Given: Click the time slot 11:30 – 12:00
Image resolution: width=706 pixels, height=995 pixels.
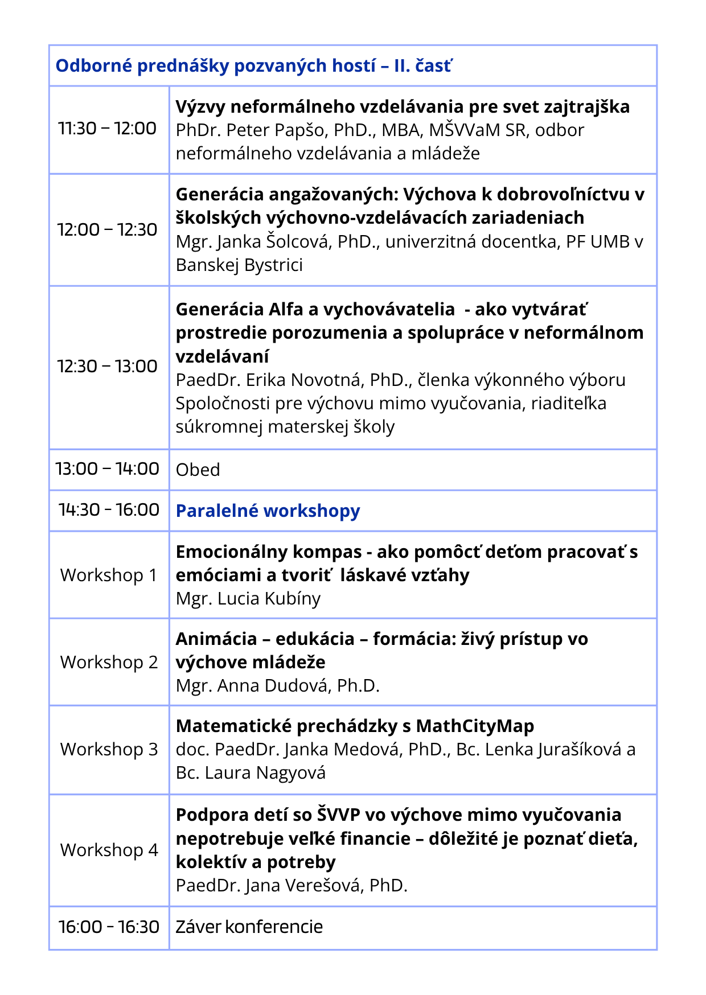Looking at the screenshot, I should [x=107, y=129].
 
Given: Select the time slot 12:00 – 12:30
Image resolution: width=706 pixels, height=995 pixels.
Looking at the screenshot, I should [x=107, y=230].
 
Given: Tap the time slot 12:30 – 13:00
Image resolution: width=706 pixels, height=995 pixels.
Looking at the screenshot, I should [x=107, y=367].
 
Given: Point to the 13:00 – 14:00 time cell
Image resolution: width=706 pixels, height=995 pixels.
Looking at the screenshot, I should [x=107, y=469].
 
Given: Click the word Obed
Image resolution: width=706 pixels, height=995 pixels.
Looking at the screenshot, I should [x=198, y=470].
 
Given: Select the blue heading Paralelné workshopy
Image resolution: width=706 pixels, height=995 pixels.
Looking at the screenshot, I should [x=268, y=511].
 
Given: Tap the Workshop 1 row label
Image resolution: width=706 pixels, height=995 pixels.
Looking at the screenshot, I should [x=108, y=575].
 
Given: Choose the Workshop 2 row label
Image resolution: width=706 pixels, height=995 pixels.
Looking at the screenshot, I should [x=109, y=663].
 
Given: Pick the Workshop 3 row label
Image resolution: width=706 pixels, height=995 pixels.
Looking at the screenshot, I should [x=109, y=750].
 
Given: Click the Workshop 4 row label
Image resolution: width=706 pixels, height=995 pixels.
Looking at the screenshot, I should [x=109, y=850].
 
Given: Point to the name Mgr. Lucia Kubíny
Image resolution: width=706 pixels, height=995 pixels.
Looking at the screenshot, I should [x=248, y=599].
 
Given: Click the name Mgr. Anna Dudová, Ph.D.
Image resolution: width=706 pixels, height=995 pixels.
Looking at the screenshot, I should [x=277, y=686].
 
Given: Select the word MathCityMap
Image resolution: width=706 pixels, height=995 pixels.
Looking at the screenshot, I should [x=475, y=726].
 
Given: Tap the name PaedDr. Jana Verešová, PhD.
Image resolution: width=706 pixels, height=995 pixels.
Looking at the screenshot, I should [x=292, y=886].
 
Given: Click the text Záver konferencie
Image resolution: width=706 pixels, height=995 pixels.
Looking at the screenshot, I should [x=249, y=927].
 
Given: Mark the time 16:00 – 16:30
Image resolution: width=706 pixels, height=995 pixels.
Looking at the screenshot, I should [x=109, y=927].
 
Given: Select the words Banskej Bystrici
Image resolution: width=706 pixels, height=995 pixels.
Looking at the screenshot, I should [x=239, y=265].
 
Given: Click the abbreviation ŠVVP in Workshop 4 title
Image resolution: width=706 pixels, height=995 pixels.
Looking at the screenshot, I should [x=338, y=815].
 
